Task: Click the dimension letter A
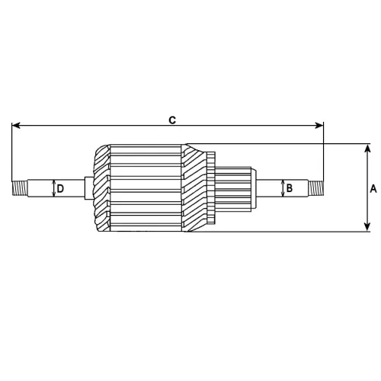point(373,187)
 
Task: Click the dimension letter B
point(290,187)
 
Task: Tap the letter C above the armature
point(172,120)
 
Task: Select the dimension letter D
point(60,188)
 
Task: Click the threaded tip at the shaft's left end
point(18,187)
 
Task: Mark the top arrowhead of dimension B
point(282,181)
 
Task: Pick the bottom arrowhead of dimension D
point(53,195)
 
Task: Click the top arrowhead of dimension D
point(53,181)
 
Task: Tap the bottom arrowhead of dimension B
point(282,194)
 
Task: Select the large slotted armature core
point(145,187)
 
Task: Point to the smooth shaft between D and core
point(76,187)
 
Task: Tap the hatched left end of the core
point(100,187)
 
